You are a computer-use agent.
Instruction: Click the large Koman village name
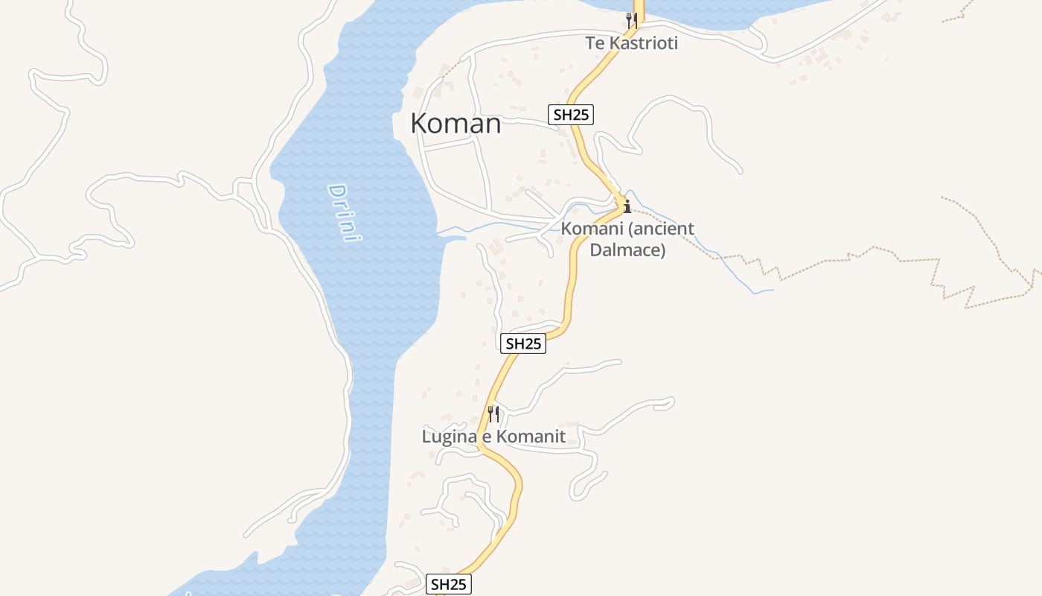click(456, 124)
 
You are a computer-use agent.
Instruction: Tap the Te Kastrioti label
click(632, 43)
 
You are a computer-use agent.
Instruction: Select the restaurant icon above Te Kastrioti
click(632, 19)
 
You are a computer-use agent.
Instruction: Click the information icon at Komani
click(627, 206)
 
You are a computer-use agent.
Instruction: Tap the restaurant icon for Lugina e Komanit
click(493, 413)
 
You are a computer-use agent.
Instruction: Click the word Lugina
click(448, 437)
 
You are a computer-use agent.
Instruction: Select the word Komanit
click(531, 437)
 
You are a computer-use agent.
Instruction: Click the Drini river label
click(345, 212)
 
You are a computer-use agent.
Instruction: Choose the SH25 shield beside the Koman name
click(572, 115)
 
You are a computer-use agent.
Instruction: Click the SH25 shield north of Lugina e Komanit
click(523, 343)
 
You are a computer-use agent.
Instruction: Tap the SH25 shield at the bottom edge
click(449, 585)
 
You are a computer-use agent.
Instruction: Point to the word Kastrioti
click(644, 43)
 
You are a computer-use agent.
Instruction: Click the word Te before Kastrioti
click(595, 43)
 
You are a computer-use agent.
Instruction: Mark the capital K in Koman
click(421, 124)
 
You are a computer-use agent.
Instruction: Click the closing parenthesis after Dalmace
click(662, 250)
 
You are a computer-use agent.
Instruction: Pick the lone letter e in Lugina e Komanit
click(485, 437)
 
